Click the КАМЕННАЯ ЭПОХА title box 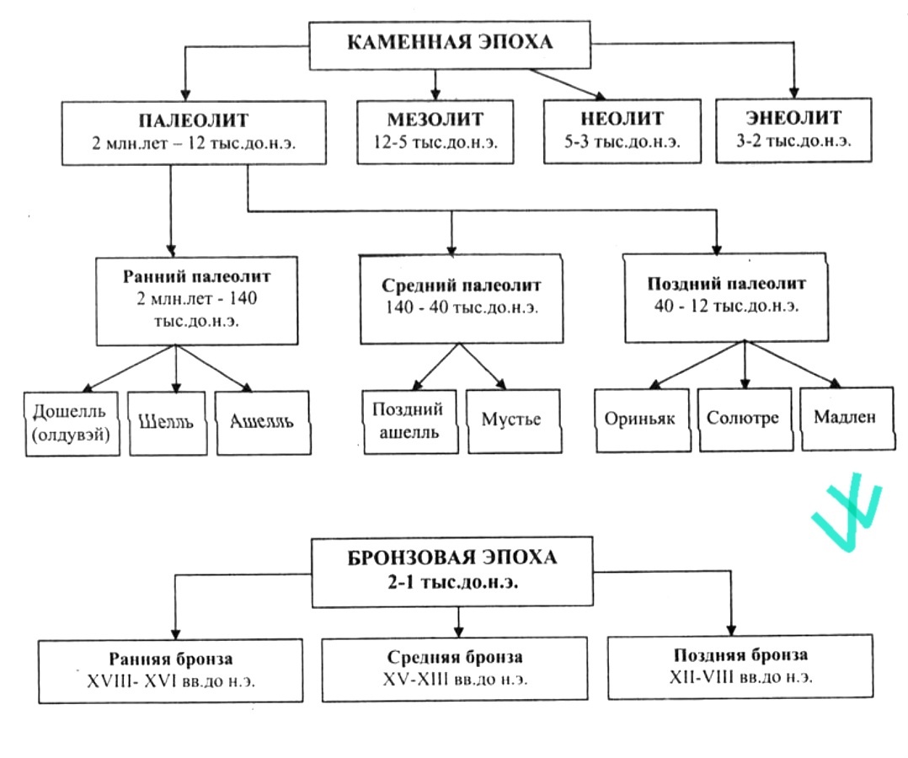tap(450, 45)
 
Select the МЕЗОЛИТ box tap(435, 131)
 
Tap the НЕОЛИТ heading tap(622, 118)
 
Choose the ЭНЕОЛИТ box tap(794, 130)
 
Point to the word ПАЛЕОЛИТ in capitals tap(194, 120)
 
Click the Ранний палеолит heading tap(196, 276)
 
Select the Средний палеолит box tap(462, 299)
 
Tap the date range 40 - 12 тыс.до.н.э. tap(727, 305)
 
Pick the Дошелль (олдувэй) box tap(72, 424)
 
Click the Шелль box tap(168, 424)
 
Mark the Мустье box tap(514, 420)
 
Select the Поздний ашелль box tap(410, 421)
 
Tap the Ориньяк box tap(643, 419)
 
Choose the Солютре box tap(745, 419)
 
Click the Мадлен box tap(847, 418)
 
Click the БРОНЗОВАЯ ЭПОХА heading tap(452, 557)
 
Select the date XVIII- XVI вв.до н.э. tap(171, 681)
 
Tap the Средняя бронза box tap(455, 670)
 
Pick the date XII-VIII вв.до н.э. tap(740, 677)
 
